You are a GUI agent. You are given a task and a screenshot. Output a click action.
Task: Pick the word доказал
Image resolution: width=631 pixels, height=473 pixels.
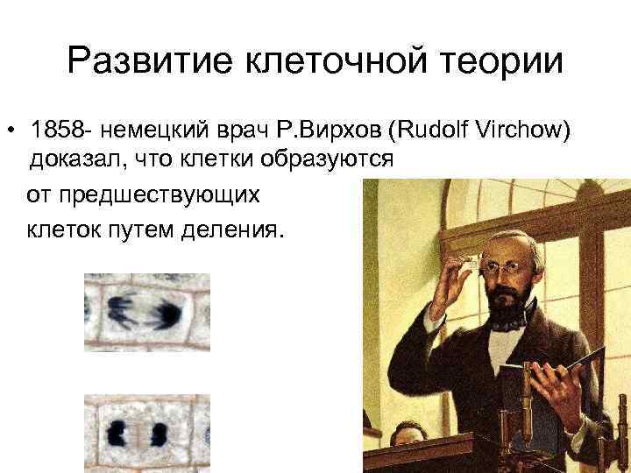77,159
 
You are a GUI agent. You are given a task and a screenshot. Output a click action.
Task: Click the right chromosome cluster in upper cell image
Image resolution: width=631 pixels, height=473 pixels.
167,313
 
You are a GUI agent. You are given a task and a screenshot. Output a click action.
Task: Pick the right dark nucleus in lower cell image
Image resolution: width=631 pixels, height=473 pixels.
160,434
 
